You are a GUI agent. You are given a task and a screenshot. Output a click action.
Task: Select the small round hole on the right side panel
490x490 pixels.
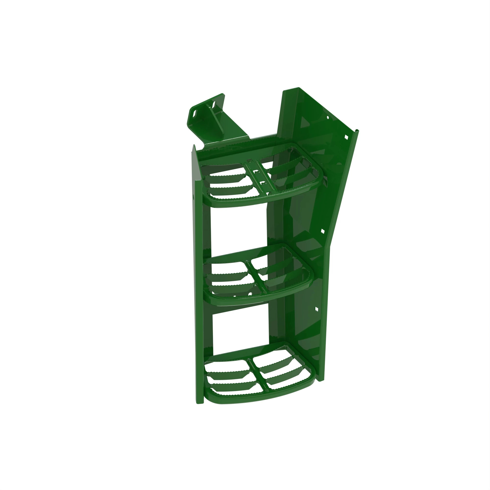pos(327,118)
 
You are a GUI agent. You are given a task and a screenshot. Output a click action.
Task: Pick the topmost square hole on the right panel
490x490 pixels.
pos(346,137)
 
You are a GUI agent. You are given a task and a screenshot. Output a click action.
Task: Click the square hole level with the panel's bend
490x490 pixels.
pos(323,231)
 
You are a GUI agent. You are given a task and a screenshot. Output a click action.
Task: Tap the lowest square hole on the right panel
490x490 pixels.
pos(316,309)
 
